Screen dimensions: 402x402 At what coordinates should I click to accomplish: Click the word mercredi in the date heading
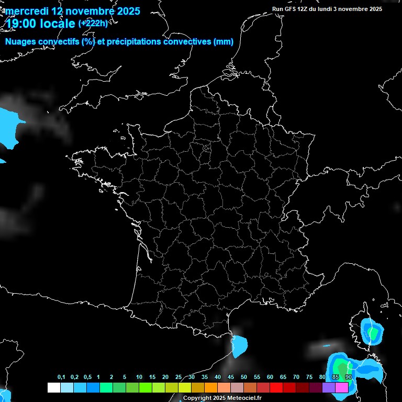(x=27, y=11)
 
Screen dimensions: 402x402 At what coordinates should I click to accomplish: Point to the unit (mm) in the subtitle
(x=224, y=42)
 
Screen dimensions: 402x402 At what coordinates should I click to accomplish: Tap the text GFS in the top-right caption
(x=289, y=9)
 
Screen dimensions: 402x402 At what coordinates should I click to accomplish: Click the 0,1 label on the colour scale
(x=61, y=377)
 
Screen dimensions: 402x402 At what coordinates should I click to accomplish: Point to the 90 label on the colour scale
(x=348, y=377)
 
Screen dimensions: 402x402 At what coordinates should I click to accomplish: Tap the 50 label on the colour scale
(x=244, y=377)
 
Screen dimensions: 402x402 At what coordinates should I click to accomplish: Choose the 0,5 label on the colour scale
(x=87, y=377)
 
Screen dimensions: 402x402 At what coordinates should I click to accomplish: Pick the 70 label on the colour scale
(x=296, y=377)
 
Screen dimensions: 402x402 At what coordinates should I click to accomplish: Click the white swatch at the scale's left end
(x=53, y=387)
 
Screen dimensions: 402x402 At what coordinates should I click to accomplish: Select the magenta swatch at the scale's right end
(x=342, y=387)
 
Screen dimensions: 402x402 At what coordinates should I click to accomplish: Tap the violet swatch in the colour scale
(x=329, y=387)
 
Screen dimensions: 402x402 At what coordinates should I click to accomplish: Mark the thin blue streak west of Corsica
(x=328, y=345)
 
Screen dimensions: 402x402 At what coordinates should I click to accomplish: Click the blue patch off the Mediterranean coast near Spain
(x=240, y=345)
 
